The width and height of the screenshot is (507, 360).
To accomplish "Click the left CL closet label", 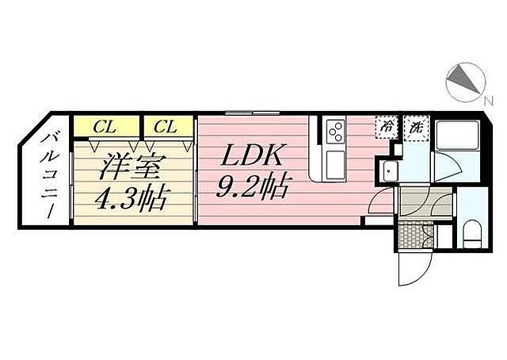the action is pos(105,127).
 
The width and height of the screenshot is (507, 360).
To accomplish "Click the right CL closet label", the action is pos(166,127).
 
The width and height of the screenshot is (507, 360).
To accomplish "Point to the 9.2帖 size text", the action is pos(252,187).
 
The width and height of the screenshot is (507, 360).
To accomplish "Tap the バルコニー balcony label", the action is pos(49,177).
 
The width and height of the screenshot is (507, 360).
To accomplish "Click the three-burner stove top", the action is pos(336,132).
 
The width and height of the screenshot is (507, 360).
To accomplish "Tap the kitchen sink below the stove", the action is pos(336,166).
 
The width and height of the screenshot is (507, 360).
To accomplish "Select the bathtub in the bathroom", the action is pos(456,135).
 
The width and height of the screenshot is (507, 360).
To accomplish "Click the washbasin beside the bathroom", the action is pos(389,170).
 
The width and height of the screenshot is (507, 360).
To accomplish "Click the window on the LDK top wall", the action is pos(253,113).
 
